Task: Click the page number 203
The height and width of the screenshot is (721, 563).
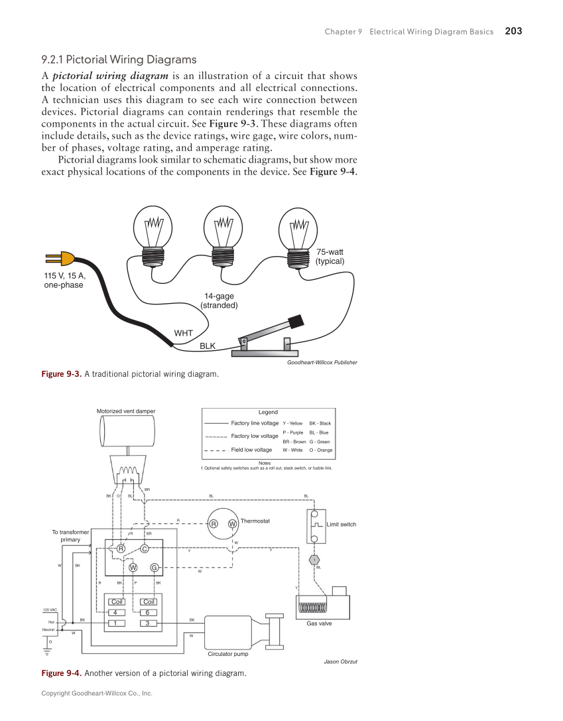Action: click(513, 31)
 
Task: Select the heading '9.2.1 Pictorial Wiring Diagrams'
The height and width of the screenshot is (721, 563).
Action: click(119, 60)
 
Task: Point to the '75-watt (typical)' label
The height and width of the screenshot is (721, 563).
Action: click(330, 256)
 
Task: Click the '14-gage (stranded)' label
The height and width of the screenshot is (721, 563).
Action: click(219, 300)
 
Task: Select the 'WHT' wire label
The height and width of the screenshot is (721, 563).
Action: click(183, 332)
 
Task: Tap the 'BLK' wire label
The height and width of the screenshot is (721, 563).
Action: click(208, 346)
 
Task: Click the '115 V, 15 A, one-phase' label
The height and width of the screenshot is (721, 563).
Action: click(64, 281)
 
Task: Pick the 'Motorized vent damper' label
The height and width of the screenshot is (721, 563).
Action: click(126, 411)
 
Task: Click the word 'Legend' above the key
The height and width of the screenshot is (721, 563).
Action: click(268, 412)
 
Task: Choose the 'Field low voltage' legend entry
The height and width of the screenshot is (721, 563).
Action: click(251, 450)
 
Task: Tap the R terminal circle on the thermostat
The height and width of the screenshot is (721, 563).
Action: click(214, 524)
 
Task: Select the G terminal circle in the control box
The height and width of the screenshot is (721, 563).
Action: click(154, 567)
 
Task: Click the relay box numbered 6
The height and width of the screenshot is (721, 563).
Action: click(148, 612)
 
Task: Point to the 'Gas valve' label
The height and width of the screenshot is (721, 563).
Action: click(319, 623)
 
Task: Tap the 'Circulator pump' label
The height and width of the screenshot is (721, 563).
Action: click(228, 654)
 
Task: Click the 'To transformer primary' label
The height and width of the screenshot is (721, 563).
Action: click(70, 536)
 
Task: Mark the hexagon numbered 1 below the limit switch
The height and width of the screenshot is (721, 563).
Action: click(314, 560)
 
